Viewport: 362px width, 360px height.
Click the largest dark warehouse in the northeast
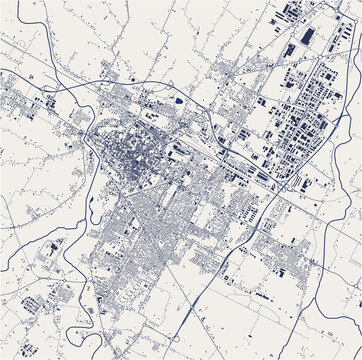tap(307, 36)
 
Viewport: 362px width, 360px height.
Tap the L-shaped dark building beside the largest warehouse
tap(290, 49)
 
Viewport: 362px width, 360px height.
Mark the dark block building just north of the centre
tap(178, 101)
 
